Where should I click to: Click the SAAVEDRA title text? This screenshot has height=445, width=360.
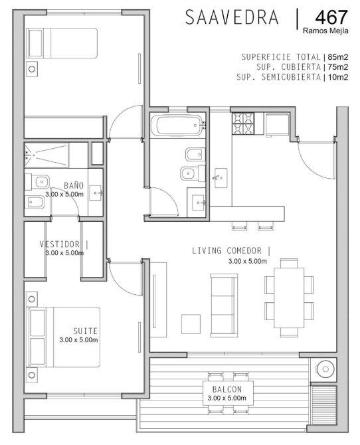click(232, 17)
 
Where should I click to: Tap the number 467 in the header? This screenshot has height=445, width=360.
click(331, 17)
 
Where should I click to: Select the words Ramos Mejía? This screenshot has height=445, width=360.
click(325, 31)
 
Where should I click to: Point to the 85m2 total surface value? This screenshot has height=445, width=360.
click(338, 56)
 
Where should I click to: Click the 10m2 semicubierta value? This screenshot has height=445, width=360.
click(338, 77)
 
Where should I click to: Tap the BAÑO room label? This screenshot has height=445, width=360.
click(74, 185)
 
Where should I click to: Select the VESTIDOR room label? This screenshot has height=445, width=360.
click(60, 244)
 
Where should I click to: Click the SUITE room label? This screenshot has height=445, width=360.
click(85, 331)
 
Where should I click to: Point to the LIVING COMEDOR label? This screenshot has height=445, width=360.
click(227, 250)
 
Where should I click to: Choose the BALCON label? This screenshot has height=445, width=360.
click(227, 389)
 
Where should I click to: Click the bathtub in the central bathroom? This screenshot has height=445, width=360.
click(179, 125)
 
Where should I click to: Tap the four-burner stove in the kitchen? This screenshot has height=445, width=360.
click(244, 124)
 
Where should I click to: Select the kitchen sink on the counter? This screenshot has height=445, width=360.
click(221, 178)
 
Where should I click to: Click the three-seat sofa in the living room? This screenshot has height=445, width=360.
click(224, 306)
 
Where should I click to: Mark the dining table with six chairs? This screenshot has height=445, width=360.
click(289, 298)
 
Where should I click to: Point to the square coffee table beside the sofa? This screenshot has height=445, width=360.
click(191, 324)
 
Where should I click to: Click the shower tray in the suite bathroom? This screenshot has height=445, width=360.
click(46, 155)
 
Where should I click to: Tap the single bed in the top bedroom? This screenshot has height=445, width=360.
click(62, 43)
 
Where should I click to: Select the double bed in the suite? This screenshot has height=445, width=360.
click(63, 337)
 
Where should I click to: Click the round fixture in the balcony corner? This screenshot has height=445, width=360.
click(325, 369)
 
